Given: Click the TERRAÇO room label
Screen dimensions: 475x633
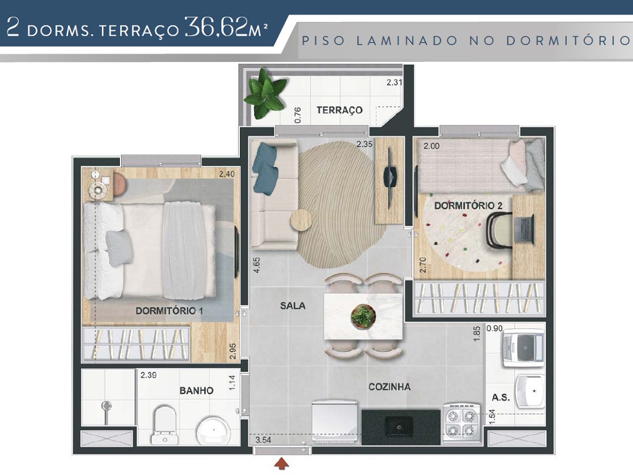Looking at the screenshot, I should click(x=339, y=110).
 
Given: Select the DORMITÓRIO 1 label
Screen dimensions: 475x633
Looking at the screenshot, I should click(x=169, y=311).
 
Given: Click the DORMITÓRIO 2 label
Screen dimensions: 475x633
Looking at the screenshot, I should click(x=467, y=205).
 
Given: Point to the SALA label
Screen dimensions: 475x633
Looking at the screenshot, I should click(x=292, y=306).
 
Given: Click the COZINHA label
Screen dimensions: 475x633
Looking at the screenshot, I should click(x=389, y=387).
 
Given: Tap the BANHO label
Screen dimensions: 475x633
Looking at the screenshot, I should click(x=197, y=390).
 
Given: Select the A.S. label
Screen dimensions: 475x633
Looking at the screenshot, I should click(x=501, y=397).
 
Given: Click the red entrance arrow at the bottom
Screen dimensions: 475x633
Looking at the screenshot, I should click(x=283, y=463).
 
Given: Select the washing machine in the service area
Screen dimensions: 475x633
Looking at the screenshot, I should click(x=523, y=348).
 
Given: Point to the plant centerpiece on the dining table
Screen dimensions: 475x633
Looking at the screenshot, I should click(x=363, y=316).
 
